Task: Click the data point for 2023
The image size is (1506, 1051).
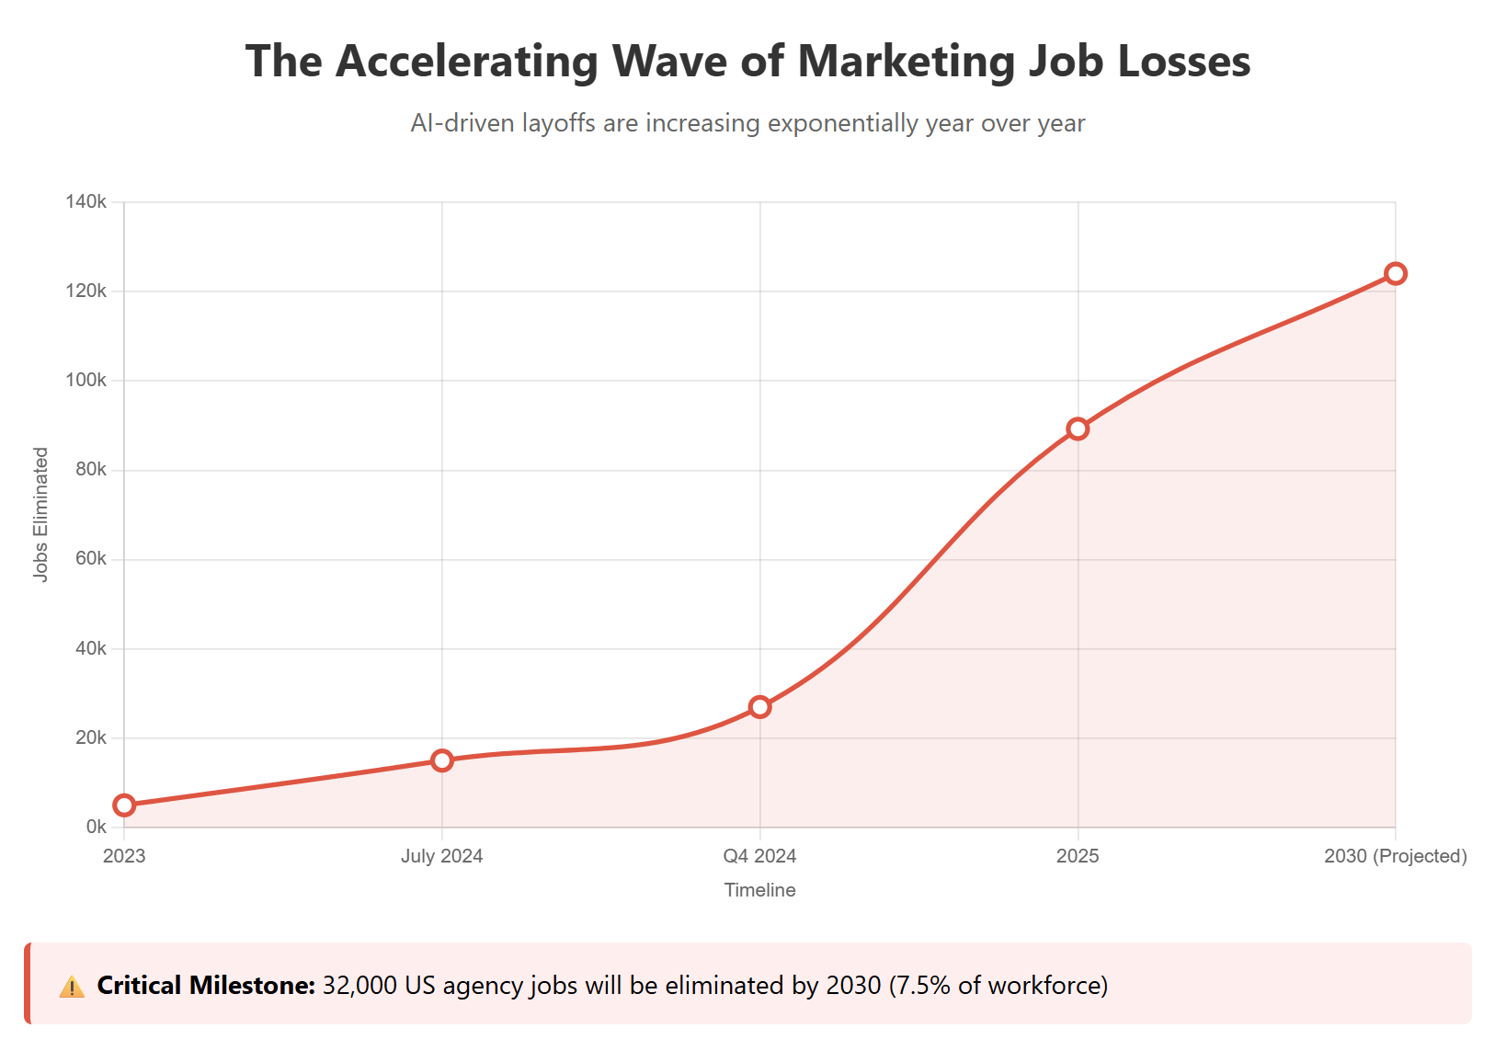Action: [x=124, y=805]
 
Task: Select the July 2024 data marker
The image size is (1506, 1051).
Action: [x=442, y=760]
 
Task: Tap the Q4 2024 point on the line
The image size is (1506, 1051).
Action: [x=760, y=707]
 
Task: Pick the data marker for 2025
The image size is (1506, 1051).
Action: [x=1078, y=428]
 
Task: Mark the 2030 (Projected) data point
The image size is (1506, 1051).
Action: [x=1396, y=273]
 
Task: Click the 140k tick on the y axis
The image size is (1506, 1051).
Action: [x=86, y=201]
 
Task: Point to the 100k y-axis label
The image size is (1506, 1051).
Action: [x=86, y=380]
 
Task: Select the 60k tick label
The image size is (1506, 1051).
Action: [x=90, y=559]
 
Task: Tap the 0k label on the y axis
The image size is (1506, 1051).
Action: [x=96, y=827]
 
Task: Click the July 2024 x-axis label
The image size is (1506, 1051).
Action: [x=442, y=856]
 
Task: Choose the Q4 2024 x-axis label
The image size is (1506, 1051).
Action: [x=760, y=856]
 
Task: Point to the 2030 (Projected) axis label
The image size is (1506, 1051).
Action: [x=1396, y=856]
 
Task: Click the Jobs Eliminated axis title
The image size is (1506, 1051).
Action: [x=40, y=514]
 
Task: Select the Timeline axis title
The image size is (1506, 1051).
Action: [x=760, y=890]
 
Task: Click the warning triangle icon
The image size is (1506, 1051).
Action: [x=72, y=987]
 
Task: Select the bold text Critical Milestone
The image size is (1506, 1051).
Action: [x=206, y=986]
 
